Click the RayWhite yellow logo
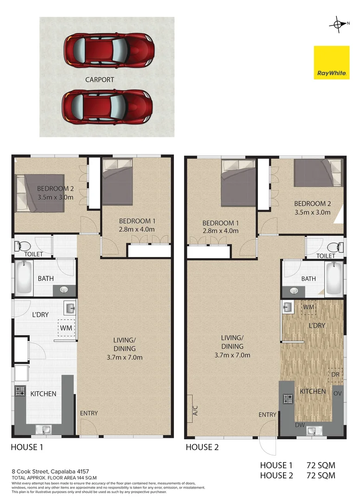click(x=331, y=62)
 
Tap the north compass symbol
click(x=337, y=23)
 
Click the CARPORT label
click(x=99, y=80)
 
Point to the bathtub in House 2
click(x=334, y=279)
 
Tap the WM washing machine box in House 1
click(x=64, y=328)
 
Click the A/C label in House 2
click(x=195, y=410)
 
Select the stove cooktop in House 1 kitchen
click(x=20, y=391)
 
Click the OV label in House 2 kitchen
click(x=338, y=393)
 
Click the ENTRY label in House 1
click(x=89, y=413)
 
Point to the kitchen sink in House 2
click(x=312, y=431)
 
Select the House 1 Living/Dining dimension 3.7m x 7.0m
click(x=124, y=357)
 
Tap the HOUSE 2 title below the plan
click(x=202, y=448)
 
